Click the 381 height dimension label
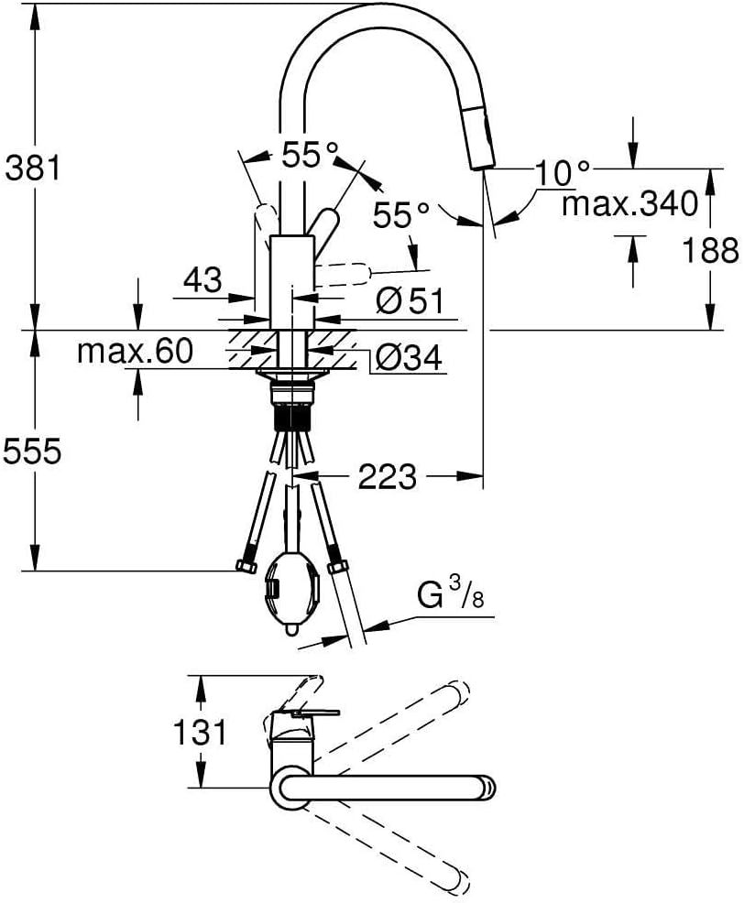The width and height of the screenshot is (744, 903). click(x=33, y=169)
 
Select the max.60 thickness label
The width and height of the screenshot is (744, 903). click(x=135, y=351)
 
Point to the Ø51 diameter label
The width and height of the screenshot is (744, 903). click(x=410, y=300)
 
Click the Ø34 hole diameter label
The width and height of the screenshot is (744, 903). click(x=410, y=357)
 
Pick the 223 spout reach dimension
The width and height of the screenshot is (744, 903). click(x=387, y=476)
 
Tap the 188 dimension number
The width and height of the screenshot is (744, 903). click(x=710, y=251)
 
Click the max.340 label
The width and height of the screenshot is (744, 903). click(x=629, y=204)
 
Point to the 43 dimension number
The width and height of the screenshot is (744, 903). click(x=202, y=280)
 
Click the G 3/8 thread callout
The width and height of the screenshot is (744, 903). click(x=451, y=595)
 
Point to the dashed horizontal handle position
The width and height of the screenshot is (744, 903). click(x=343, y=274)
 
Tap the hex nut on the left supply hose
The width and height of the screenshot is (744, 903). click(x=246, y=567)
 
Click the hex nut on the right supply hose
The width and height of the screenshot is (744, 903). click(x=338, y=568)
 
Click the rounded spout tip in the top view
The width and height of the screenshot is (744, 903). click(x=487, y=788)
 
